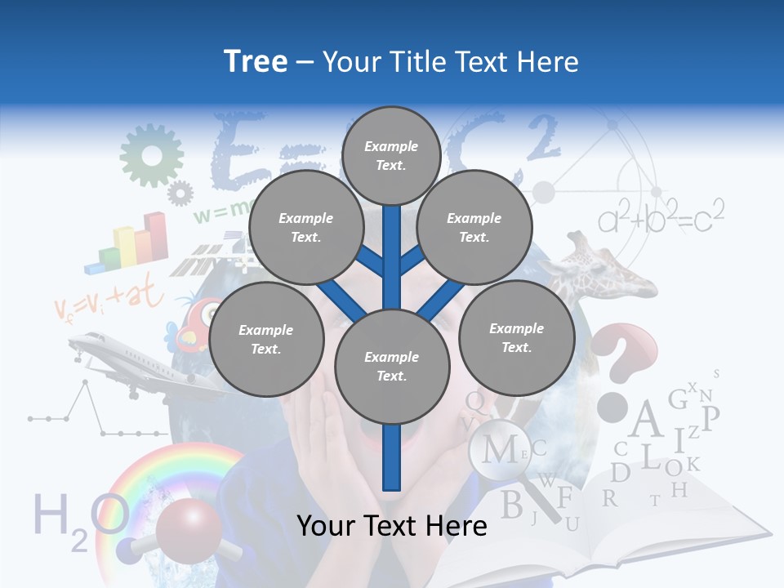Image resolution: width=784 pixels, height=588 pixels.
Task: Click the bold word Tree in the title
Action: click(256, 62)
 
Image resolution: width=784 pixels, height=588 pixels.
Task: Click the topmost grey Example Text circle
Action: click(391, 155)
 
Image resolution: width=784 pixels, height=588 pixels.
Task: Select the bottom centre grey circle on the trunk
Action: click(392, 367)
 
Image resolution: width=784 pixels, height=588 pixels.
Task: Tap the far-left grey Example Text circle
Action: click(266, 340)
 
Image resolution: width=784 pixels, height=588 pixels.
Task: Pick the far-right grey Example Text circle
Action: click(516, 338)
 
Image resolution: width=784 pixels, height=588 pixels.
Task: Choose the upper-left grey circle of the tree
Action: click(306, 228)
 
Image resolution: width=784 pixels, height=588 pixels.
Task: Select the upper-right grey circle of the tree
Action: click(474, 228)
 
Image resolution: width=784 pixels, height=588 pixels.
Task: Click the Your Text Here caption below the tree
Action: click(391, 526)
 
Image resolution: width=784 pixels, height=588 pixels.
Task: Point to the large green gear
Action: click(151, 154)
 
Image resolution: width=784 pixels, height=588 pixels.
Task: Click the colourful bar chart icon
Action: click(131, 243)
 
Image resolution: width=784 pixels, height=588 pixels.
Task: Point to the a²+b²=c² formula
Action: click(661, 217)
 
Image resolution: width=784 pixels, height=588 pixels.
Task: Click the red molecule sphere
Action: click(187, 532)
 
